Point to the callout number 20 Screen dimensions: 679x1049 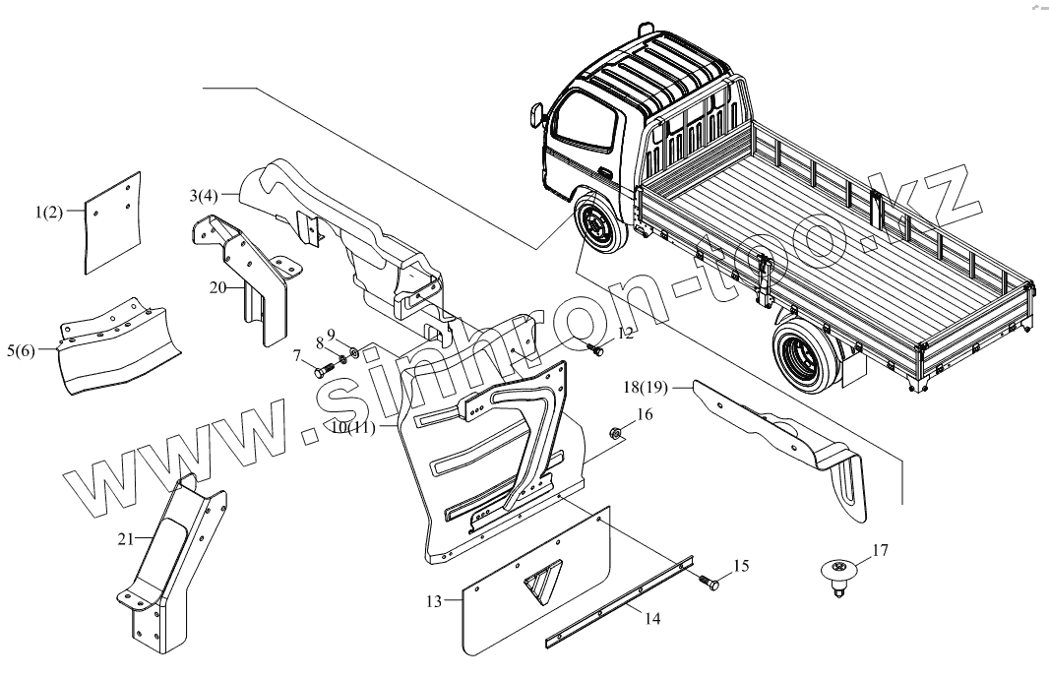(218, 287)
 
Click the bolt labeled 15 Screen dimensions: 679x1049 (709, 582)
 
